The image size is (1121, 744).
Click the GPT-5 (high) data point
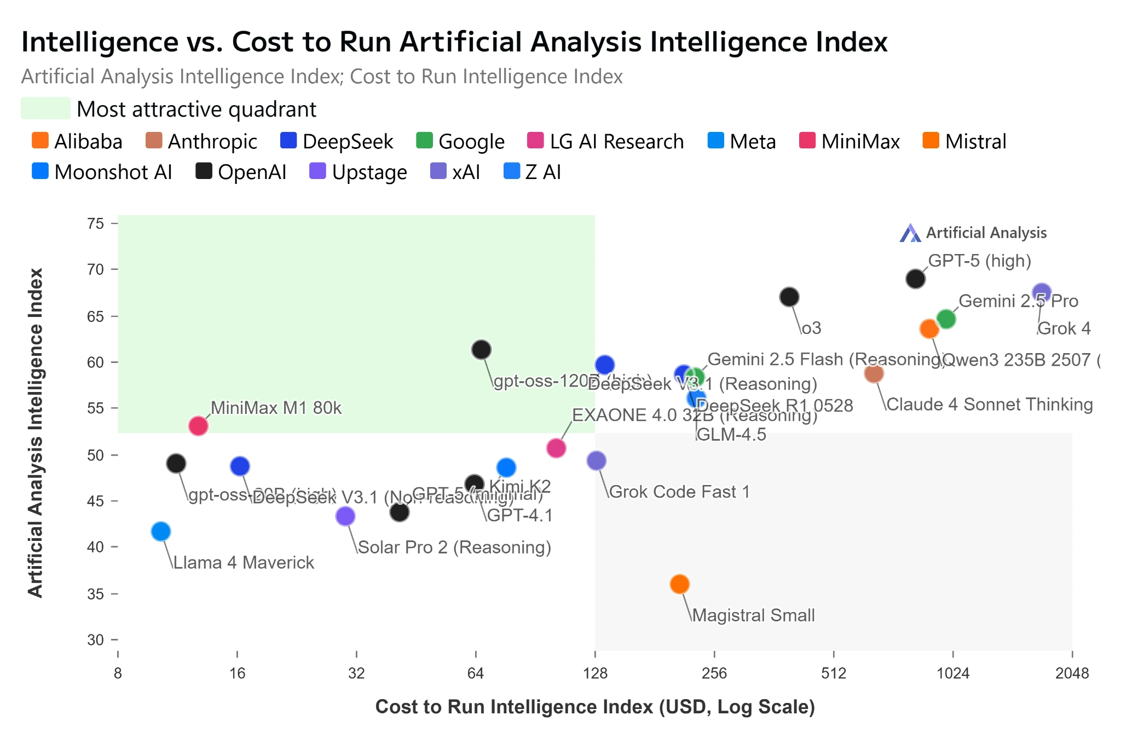coord(915,279)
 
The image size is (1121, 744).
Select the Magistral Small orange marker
coord(679,584)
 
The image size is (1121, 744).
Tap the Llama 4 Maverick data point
coord(161,531)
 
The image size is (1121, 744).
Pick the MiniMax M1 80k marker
coord(198,425)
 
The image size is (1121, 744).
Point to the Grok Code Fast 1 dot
coord(596,460)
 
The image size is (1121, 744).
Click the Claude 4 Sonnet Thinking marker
coord(874,373)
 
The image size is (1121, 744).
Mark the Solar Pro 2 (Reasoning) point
coord(345,515)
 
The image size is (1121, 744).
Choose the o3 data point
coord(789,297)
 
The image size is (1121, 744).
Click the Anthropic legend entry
coord(201,141)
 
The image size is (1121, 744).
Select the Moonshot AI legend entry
coord(102,172)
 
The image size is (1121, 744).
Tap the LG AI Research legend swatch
coord(535,141)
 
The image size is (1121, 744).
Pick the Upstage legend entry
coord(359,172)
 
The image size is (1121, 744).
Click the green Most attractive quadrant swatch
coord(45,108)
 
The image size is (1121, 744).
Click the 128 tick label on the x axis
coord(595,673)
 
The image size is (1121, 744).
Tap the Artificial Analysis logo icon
coord(910,233)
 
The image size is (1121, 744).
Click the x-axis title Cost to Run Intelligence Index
coord(595,707)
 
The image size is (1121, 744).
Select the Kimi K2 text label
coord(519,486)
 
